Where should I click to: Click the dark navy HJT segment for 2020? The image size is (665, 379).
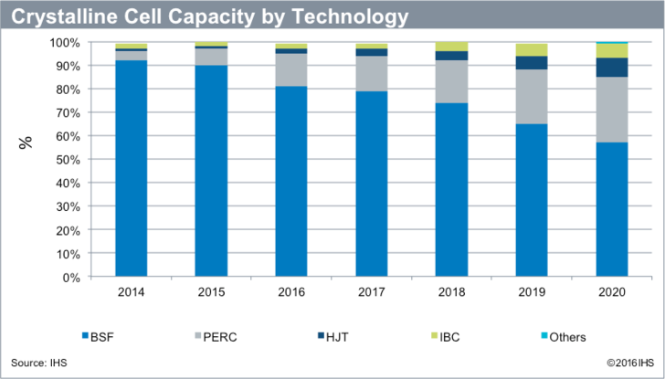(612, 68)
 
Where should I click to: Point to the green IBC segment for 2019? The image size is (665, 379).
(532, 49)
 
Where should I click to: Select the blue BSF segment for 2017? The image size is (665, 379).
(372, 183)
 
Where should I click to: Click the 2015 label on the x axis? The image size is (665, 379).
(211, 292)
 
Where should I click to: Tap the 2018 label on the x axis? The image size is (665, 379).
(451, 292)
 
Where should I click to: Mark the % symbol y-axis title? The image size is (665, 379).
(26, 142)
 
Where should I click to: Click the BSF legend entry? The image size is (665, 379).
(100, 336)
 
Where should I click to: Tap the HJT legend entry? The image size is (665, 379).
(340, 336)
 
